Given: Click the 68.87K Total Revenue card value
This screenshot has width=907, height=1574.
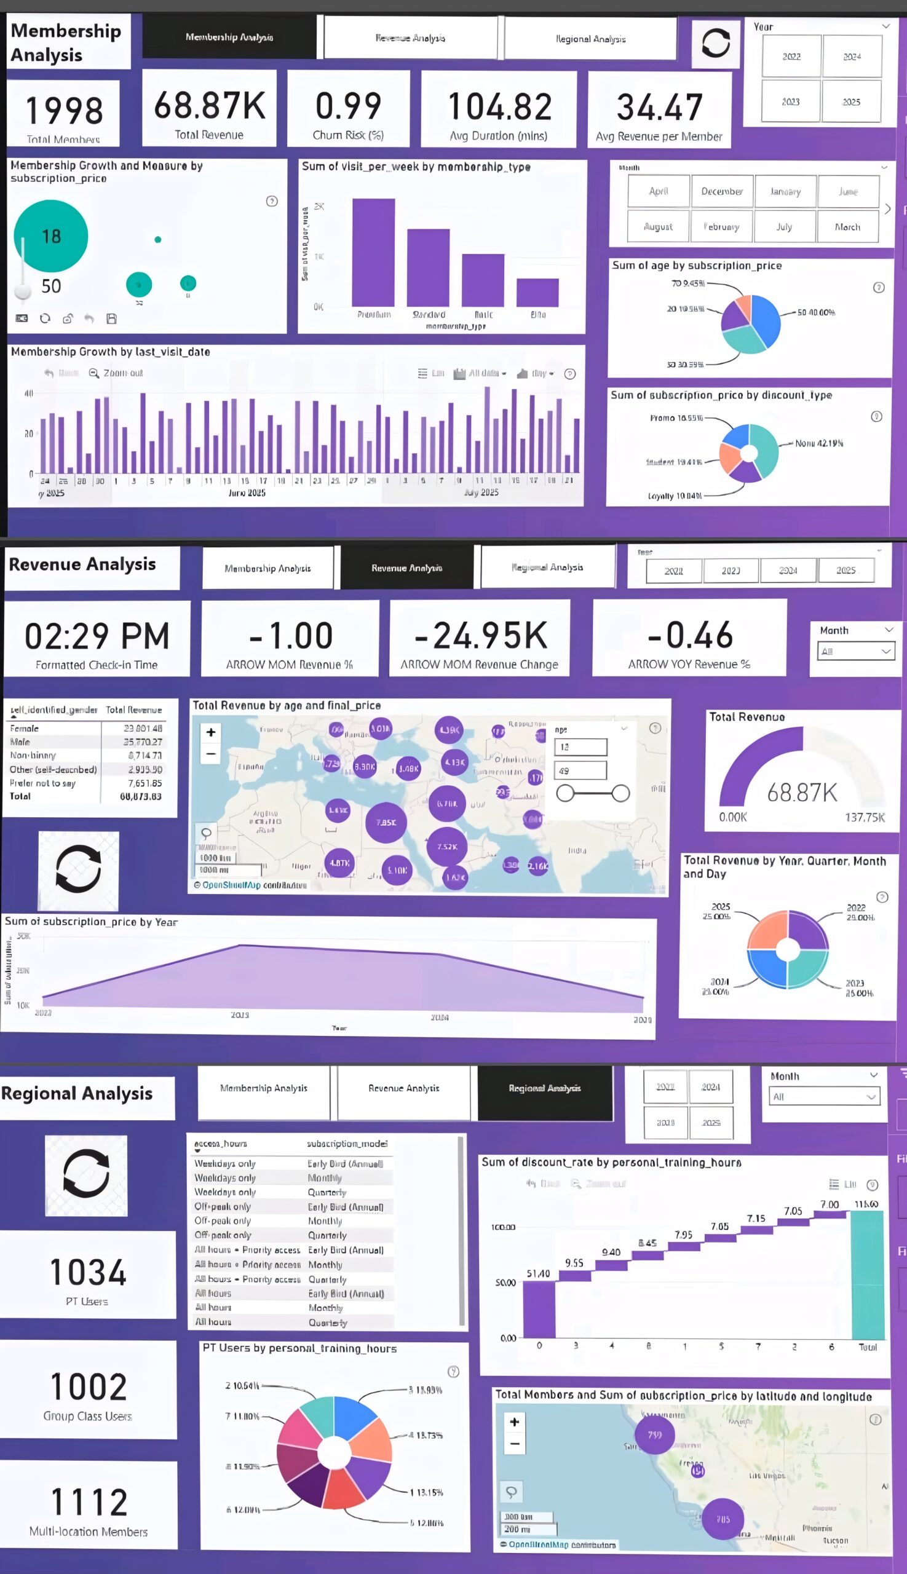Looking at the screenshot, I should point(209,105).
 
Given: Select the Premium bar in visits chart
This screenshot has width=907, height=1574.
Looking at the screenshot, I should point(373,252).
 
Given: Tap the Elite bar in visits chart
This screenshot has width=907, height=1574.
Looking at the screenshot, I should point(537,292).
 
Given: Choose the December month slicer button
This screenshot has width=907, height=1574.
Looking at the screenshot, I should point(721,191).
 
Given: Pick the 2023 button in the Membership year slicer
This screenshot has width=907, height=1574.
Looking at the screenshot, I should point(791,101).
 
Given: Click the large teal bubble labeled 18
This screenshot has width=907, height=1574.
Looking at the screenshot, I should point(51,236).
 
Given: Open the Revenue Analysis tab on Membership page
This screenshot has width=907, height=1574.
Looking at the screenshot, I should point(411,38).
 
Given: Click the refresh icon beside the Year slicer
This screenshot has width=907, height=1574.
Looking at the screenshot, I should point(716,44).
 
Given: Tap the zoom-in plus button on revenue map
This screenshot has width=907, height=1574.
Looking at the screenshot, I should point(211,732).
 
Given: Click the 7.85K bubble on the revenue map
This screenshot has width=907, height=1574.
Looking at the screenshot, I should point(386,822).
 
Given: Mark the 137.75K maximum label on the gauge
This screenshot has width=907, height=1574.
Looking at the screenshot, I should point(864,817).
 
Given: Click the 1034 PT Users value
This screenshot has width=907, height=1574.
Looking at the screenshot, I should point(88,1272).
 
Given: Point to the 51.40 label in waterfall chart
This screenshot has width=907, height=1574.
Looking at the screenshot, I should point(538,1274).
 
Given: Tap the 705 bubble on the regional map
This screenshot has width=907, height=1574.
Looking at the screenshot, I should point(723,1519).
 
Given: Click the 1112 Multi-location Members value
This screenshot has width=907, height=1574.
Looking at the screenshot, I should point(89,1501).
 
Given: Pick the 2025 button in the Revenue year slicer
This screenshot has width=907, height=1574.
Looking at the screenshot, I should point(846,570).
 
